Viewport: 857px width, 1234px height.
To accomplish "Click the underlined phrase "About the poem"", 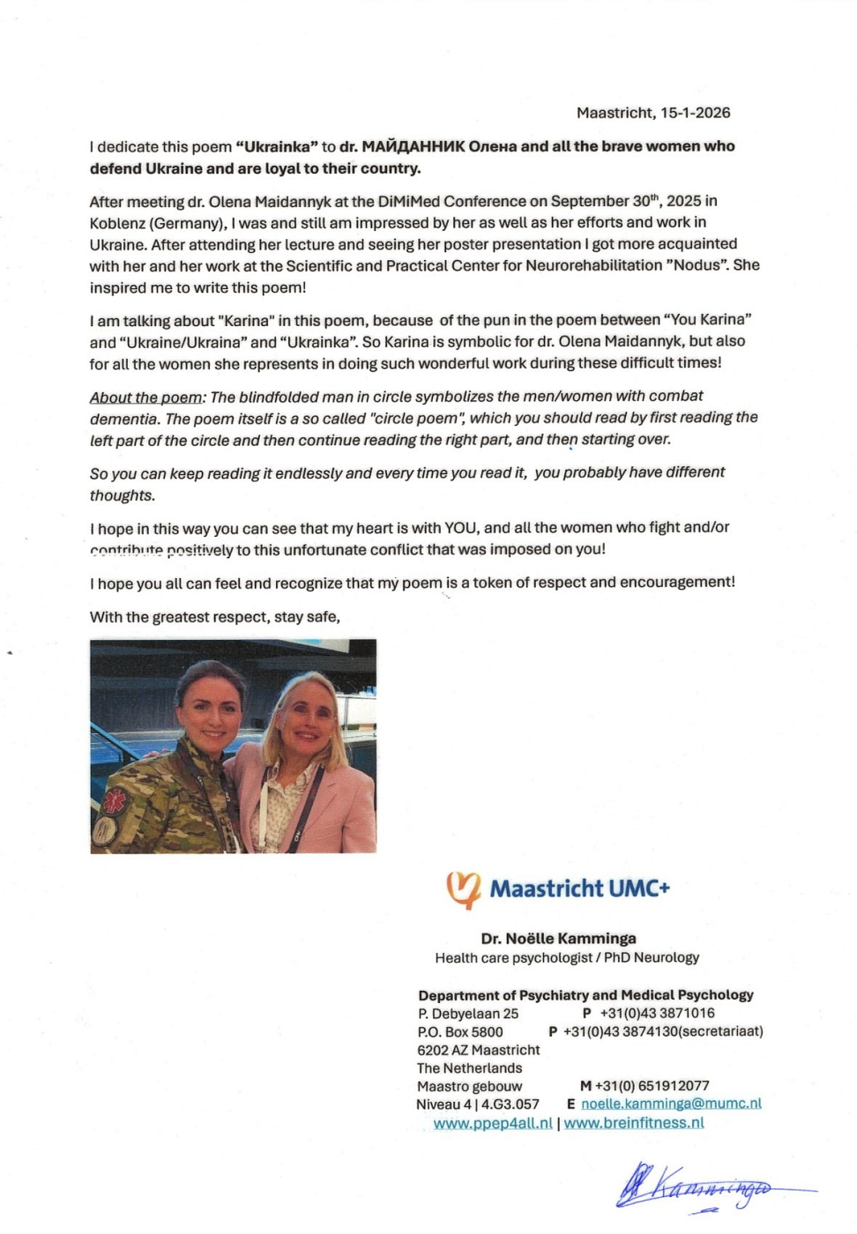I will [145, 397].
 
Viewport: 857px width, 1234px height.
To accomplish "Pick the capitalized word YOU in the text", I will [460, 528].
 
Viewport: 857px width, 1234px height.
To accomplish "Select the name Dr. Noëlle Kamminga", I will [558, 939].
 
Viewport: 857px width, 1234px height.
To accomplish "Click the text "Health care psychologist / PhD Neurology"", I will [566, 958].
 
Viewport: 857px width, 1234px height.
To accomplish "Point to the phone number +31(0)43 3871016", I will [657, 1014].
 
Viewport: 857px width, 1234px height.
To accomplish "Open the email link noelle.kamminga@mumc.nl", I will [671, 1104].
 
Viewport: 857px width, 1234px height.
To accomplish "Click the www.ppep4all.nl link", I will [493, 1123].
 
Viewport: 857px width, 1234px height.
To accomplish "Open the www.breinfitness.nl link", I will [634, 1123].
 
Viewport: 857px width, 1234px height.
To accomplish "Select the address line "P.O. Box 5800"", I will [460, 1032].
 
